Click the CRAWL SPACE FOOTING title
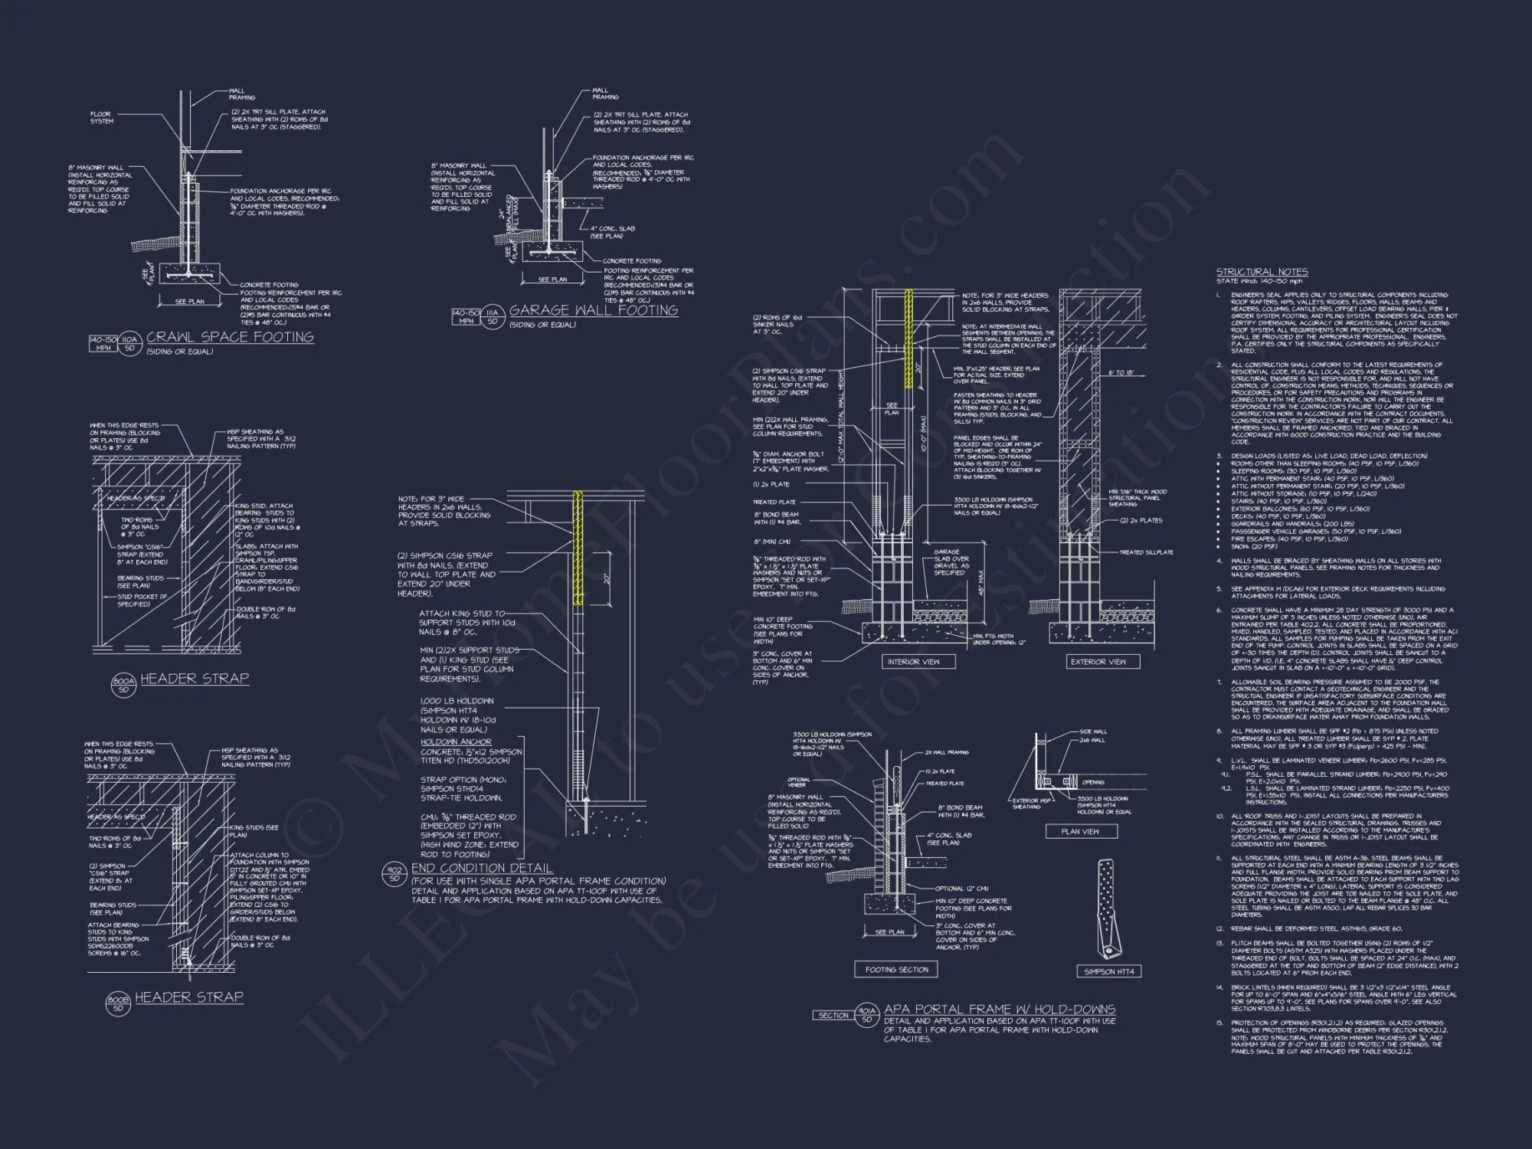click(x=230, y=337)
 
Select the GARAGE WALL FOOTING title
click(x=594, y=310)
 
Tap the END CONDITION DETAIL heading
click(x=482, y=868)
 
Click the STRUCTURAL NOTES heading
click(x=1262, y=272)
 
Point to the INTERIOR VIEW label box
click(x=918, y=662)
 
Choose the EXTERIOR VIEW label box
click(x=1098, y=662)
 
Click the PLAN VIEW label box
click(x=1079, y=831)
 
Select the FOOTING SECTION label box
click(x=896, y=970)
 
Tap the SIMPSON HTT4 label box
click(x=1109, y=971)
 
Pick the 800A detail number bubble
click(x=123, y=684)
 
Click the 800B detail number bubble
click(x=118, y=1003)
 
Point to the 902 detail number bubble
click(x=394, y=874)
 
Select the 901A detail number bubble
click(x=867, y=1015)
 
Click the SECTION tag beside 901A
click(x=833, y=1015)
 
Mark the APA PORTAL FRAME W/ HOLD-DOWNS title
click(x=1000, y=1010)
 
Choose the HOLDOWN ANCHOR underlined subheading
click(x=456, y=741)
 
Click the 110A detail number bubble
click(x=129, y=343)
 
